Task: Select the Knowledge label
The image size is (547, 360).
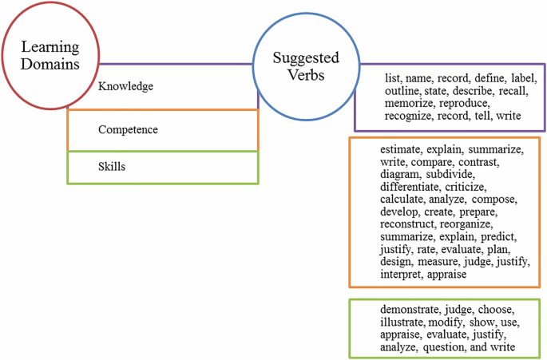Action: pyautogui.click(x=125, y=86)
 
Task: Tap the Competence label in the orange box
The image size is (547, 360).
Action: pyautogui.click(x=128, y=129)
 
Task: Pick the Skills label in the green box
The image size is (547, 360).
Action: pyautogui.click(x=112, y=167)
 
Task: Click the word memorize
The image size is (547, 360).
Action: pyautogui.click(x=409, y=104)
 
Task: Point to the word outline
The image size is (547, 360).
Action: pyautogui.click(x=404, y=92)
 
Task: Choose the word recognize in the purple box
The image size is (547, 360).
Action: pyautogui.click(x=412, y=117)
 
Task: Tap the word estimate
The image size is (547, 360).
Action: pyautogui.click(x=401, y=149)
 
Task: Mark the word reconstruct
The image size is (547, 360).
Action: pyautogui.click(x=412, y=224)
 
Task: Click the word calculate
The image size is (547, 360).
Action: pyautogui.click(x=406, y=200)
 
